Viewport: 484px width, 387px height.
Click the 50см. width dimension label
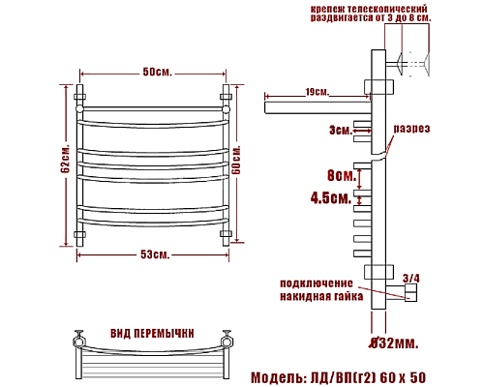156,74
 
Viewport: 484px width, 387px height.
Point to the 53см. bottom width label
155,254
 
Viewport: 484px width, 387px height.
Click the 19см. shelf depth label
317,92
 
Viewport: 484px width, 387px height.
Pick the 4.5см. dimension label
331,199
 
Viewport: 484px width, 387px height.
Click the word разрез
410,129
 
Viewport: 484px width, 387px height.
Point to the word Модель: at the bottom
281,375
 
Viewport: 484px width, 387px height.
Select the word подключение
317,283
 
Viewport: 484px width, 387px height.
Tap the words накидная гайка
317,296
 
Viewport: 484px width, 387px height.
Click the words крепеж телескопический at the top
368,9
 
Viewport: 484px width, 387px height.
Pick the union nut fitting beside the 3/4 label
413,290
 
